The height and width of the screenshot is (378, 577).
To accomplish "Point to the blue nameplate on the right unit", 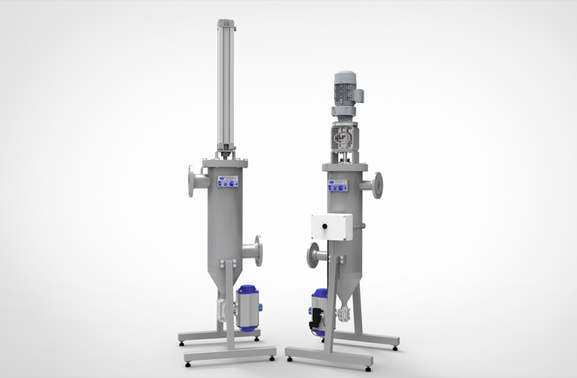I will click(338, 183).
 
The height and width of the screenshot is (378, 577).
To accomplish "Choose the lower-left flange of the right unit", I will click(312, 256).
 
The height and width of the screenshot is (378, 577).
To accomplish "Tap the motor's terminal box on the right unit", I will click(359, 95).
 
